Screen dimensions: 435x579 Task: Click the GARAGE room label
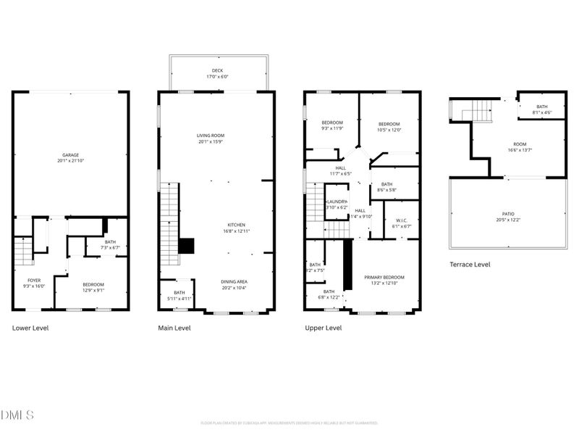coord(70,155)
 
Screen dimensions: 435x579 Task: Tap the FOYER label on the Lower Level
coord(34,281)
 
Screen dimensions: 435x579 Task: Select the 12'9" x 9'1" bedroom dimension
coord(93,291)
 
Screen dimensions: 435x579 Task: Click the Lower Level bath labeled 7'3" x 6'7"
coord(110,245)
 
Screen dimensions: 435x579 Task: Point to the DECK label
coord(218,71)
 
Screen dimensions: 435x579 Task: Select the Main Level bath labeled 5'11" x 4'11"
coord(179,294)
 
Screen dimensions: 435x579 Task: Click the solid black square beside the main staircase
coord(187,246)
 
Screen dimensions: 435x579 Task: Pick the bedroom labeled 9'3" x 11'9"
coord(332,125)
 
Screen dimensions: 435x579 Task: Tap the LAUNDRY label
coord(337,202)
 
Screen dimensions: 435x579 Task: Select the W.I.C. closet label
coord(401,223)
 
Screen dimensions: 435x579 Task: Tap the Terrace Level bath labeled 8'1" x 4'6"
coord(541,109)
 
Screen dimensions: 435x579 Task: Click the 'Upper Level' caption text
coord(323,328)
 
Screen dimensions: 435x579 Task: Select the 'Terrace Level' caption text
coord(470,265)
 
